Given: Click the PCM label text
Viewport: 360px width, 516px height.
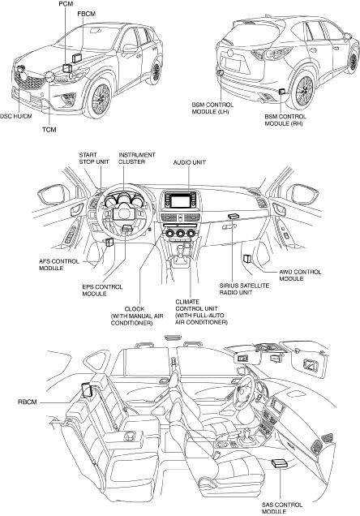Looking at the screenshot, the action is click(x=66, y=4).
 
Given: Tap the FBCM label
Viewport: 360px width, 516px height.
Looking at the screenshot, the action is click(x=87, y=14).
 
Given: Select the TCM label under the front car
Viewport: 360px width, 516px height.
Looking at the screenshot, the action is click(x=49, y=130).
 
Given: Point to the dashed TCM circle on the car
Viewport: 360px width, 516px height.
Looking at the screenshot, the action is click(x=49, y=77).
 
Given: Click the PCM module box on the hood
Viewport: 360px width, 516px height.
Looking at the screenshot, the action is click(x=67, y=68).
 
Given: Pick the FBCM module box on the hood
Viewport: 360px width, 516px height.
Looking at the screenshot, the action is click(x=77, y=58).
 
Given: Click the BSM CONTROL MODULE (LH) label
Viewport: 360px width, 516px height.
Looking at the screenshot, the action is click(x=212, y=108).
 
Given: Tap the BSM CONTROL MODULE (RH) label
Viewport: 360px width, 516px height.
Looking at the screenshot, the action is click(x=285, y=120).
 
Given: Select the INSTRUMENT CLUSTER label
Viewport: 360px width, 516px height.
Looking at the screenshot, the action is click(x=136, y=158).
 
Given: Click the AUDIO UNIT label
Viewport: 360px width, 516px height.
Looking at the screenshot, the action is click(x=190, y=162).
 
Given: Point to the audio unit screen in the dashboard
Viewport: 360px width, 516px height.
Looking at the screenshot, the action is click(x=181, y=200).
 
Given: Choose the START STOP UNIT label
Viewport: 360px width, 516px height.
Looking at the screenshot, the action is click(x=94, y=158).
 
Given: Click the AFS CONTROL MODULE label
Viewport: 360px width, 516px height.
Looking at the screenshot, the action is click(x=59, y=265).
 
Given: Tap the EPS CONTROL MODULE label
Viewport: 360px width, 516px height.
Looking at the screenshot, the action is click(x=102, y=290).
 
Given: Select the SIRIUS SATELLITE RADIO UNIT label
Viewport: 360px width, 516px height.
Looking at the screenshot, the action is click(x=244, y=289).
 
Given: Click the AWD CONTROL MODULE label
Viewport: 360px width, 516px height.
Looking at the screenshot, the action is click(x=300, y=275).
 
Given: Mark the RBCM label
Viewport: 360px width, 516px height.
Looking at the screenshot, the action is click(x=28, y=402).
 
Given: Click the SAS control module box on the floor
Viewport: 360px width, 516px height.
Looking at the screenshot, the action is click(x=280, y=463).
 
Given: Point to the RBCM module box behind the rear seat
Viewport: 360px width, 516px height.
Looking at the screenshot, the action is click(x=88, y=390).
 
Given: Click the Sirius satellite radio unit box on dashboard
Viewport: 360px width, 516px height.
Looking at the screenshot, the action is click(x=233, y=216).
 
